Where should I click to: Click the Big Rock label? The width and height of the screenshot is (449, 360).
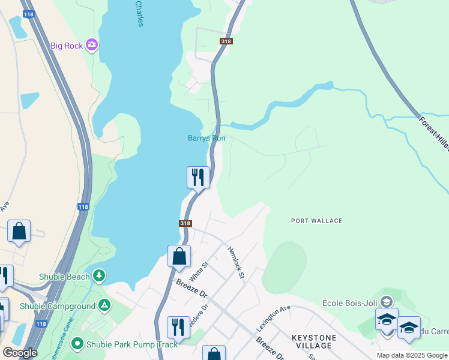(x=66, y=46)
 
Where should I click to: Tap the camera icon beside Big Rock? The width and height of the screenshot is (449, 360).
(x=91, y=44)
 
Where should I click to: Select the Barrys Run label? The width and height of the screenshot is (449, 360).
(x=206, y=138)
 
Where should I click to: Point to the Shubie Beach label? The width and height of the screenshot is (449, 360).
(x=64, y=277)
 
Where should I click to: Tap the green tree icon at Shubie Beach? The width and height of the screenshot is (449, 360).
(x=99, y=276)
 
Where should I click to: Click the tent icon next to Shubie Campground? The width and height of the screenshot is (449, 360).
(x=105, y=305)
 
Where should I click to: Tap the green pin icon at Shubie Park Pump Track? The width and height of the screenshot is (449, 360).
(x=77, y=344)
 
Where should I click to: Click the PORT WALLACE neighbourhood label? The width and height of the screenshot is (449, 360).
(x=317, y=221)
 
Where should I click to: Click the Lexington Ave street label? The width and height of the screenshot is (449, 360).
(x=273, y=318)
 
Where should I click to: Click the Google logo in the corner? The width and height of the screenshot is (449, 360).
(x=20, y=353)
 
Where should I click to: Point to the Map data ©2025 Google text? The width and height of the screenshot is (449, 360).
(x=411, y=355)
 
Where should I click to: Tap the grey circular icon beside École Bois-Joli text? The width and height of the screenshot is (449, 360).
(x=387, y=302)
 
